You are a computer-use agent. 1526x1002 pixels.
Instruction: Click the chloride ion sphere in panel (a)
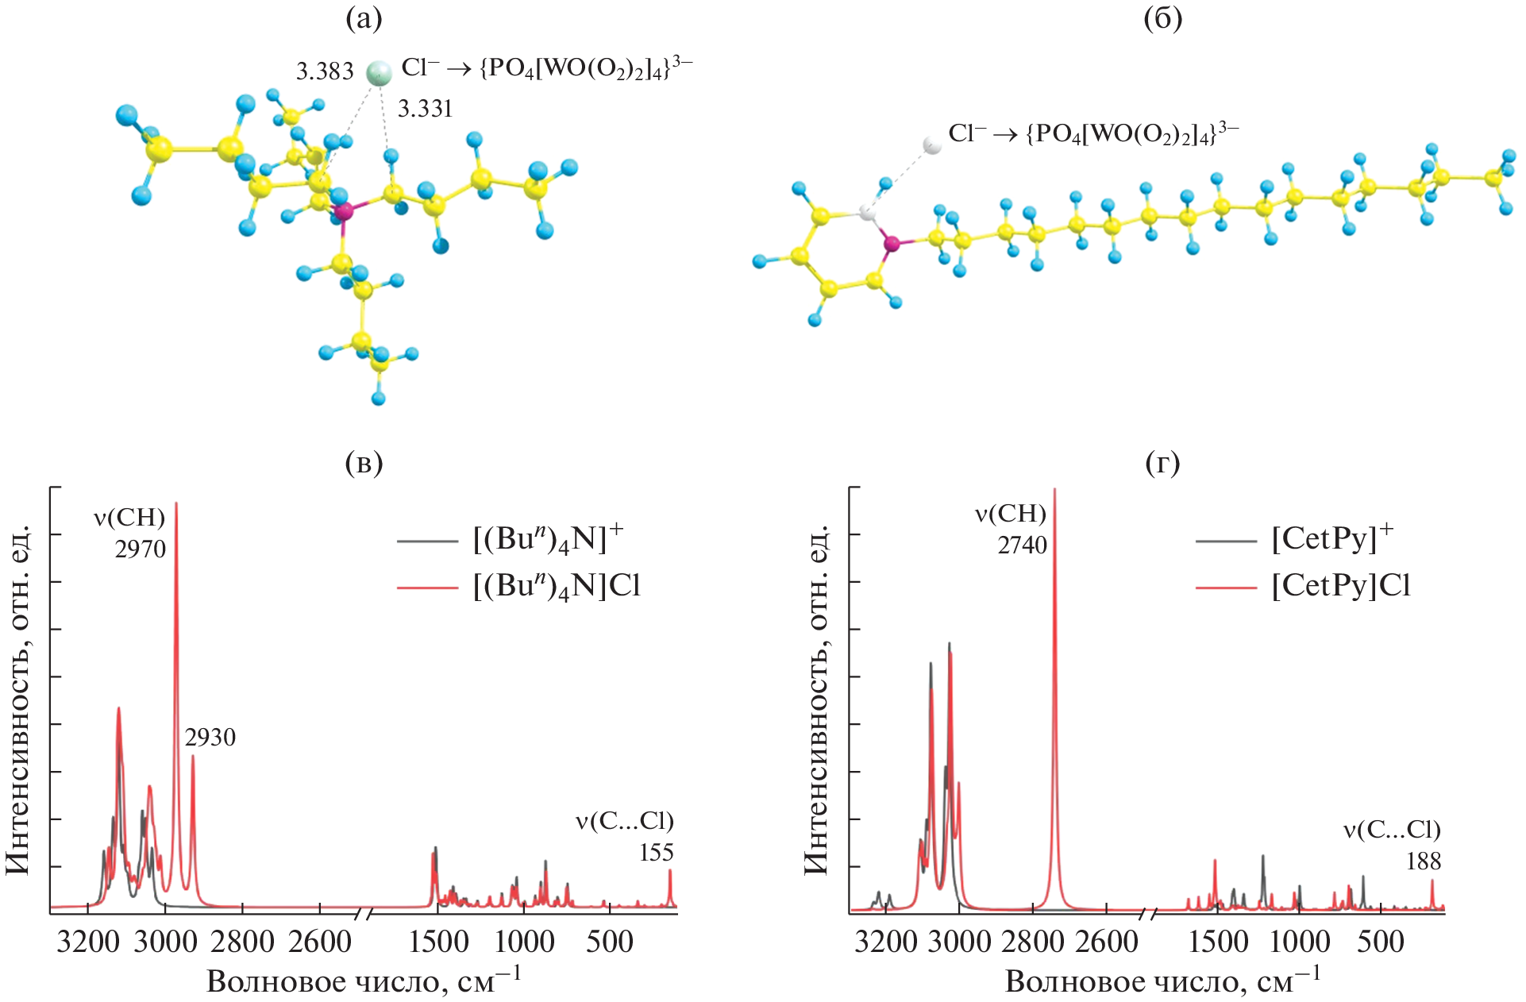point(379,72)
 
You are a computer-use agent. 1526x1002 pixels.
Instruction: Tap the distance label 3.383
point(325,71)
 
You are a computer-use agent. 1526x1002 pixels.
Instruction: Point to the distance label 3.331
point(425,108)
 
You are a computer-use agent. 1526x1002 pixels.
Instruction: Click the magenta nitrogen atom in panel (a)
point(343,211)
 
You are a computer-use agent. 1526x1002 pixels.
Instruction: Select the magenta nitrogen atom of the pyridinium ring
point(892,244)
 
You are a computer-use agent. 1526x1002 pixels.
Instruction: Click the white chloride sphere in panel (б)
point(932,145)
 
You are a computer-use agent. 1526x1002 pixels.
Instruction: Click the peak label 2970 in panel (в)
point(141,549)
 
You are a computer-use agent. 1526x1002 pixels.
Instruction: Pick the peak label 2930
point(210,738)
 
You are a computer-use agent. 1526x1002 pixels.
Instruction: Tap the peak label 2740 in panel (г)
point(1023,545)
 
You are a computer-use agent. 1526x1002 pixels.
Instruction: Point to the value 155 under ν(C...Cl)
point(656,853)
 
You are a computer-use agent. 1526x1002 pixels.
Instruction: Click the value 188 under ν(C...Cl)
point(1423,861)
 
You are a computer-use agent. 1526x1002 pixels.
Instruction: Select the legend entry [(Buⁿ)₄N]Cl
point(556,586)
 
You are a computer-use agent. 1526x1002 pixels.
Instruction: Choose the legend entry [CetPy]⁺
point(1331,539)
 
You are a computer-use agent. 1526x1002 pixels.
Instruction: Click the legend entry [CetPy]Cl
point(1340,586)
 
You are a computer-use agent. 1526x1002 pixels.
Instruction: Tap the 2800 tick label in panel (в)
point(242,942)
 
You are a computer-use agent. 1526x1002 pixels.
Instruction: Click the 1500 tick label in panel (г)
point(1217,942)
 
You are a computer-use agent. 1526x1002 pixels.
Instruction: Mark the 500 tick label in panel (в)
point(610,942)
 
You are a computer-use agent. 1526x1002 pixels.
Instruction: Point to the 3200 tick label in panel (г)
point(885,942)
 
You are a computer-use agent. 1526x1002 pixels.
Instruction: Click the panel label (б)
point(1162,19)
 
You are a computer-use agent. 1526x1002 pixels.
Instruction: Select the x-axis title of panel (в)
point(364,981)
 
